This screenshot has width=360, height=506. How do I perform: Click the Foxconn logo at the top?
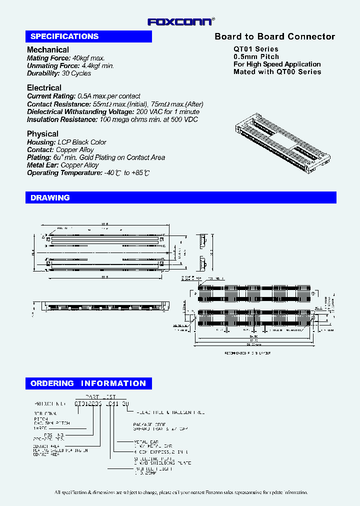pos(181,21)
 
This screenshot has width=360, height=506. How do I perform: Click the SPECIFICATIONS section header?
pos(64,36)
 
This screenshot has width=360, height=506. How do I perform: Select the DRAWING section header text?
pos(50,197)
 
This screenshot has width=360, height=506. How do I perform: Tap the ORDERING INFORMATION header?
pos(88,383)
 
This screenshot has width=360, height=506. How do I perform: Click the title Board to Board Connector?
pos(274,36)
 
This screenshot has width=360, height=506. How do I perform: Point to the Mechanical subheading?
pos(48,49)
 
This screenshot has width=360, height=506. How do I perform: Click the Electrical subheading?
pos(44,88)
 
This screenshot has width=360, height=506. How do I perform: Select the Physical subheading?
pos(42,134)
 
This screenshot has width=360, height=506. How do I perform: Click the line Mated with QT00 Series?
pos(277,71)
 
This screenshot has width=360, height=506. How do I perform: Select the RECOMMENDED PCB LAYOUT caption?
pos(247,353)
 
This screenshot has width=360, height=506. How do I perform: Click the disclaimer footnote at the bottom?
pos(181,492)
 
